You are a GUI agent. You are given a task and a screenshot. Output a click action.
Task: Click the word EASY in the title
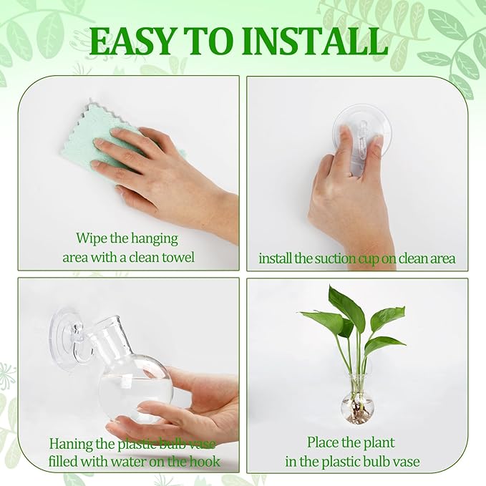coord(132,42)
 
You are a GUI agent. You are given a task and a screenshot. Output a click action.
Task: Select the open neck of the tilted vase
coord(108,325)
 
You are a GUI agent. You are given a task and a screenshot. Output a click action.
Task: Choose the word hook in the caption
coord(205,462)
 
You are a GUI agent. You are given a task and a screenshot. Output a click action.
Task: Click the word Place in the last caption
coord(322,442)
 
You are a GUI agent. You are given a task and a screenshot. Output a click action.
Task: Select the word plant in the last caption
coord(379,443)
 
